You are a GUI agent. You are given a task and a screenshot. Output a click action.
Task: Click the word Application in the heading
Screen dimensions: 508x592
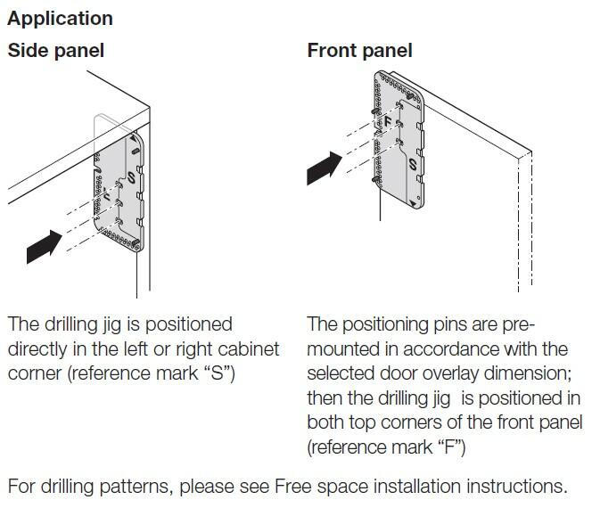pyautogui.click(x=60, y=18)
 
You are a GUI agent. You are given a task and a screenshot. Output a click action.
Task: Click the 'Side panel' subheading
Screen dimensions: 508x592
pyautogui.click(x=56, y=50)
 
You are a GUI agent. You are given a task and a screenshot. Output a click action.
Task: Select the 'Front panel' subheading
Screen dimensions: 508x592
pyautogui.click(x=359, y=50)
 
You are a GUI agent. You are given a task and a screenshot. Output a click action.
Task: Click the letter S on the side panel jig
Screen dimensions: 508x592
pyautogui.click(x=131, y=177)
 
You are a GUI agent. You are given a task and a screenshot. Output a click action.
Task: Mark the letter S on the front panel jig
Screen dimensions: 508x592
pyautogui.click(x=412, y=165)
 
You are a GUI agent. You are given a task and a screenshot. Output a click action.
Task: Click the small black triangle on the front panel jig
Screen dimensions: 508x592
pyautogui.click(x=415, y=203)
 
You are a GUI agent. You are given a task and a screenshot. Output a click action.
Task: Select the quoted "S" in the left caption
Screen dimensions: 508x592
pyautogui.click(x=216, y=372)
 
